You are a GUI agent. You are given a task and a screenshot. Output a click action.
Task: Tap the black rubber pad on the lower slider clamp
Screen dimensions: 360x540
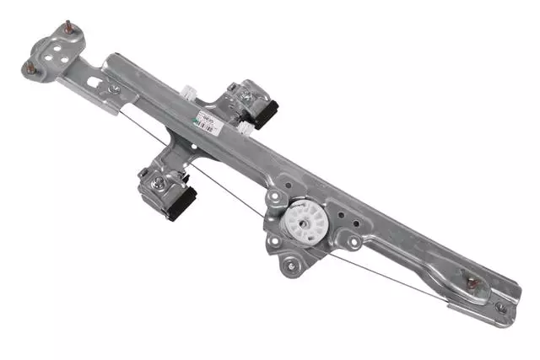point(181,203)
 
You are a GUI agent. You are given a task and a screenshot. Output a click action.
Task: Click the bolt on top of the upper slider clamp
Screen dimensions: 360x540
point(246,96)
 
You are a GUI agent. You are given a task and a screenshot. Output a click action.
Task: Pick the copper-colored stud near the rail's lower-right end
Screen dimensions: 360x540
point(473,282)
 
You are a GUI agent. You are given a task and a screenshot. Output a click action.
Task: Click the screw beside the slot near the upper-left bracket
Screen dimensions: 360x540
point(112,89)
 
